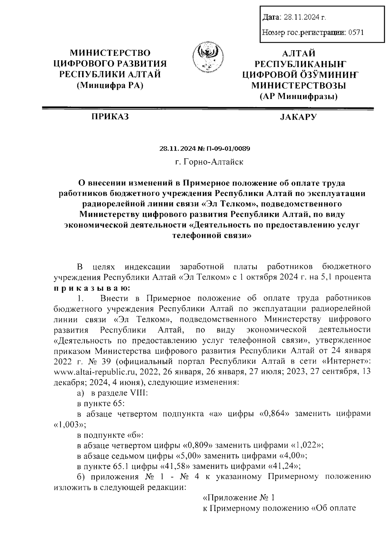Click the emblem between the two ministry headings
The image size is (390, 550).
coord(208,59)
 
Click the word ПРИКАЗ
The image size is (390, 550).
coord(110,117)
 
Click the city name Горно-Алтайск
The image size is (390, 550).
coord(214,162)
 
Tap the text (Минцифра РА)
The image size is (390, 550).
coord(110,85)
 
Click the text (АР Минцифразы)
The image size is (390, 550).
coord(298,96)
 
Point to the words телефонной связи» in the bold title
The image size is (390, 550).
coord(212,236)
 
